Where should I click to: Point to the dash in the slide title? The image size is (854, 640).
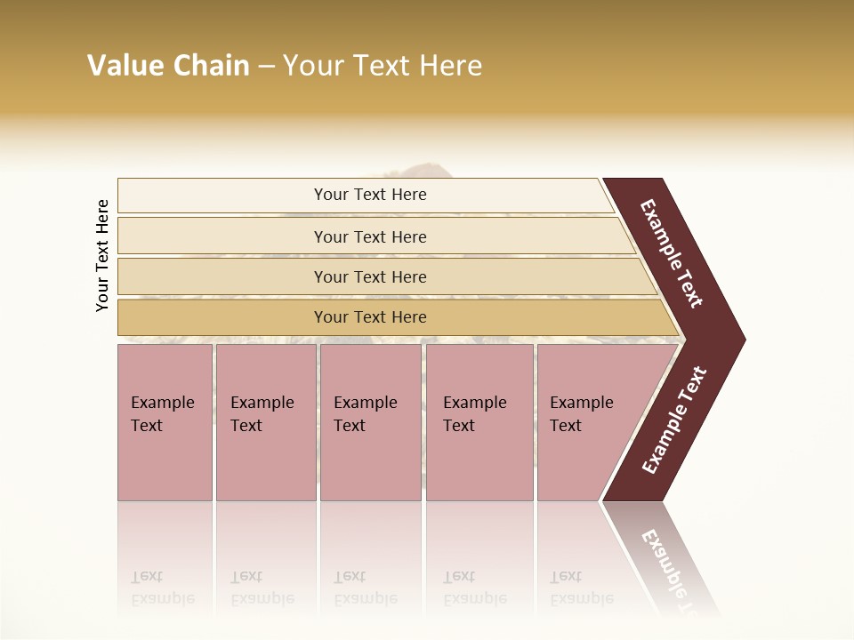click(266, 67)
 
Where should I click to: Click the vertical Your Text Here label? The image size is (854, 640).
click(102, 255)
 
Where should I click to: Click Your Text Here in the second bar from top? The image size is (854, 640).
click(370, 236)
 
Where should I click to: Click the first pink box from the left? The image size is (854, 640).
click(165, 421)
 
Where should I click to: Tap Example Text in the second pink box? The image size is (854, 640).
click(262, 414)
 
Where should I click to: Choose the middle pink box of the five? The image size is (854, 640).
click(370, 421)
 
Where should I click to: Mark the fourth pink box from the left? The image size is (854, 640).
click(479, 421)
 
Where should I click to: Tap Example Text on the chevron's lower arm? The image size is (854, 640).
click(673, 420)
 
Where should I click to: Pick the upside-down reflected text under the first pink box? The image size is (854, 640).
click(162, 588)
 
